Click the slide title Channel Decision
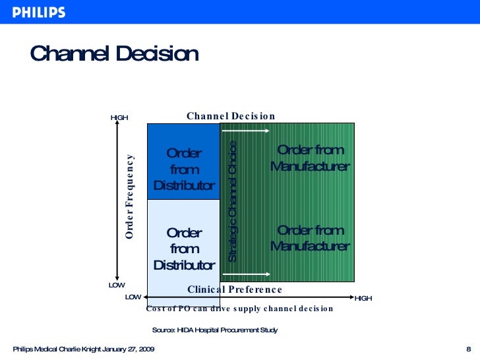pos(114,54)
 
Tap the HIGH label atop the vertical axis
pos(119,118)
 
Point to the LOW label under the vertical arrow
pos(117,285)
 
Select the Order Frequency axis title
pos(130,196)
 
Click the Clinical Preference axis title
pos(235,289)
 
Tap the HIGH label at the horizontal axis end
pos(363,299)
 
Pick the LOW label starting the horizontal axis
pos(133,297)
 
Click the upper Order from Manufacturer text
pos(310,158)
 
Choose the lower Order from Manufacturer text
pos(310,238)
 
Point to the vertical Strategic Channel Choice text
pos(232,200)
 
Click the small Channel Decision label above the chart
pos(231,116)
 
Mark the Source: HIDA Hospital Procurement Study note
pos(215,330)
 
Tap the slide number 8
pos(467,349)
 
